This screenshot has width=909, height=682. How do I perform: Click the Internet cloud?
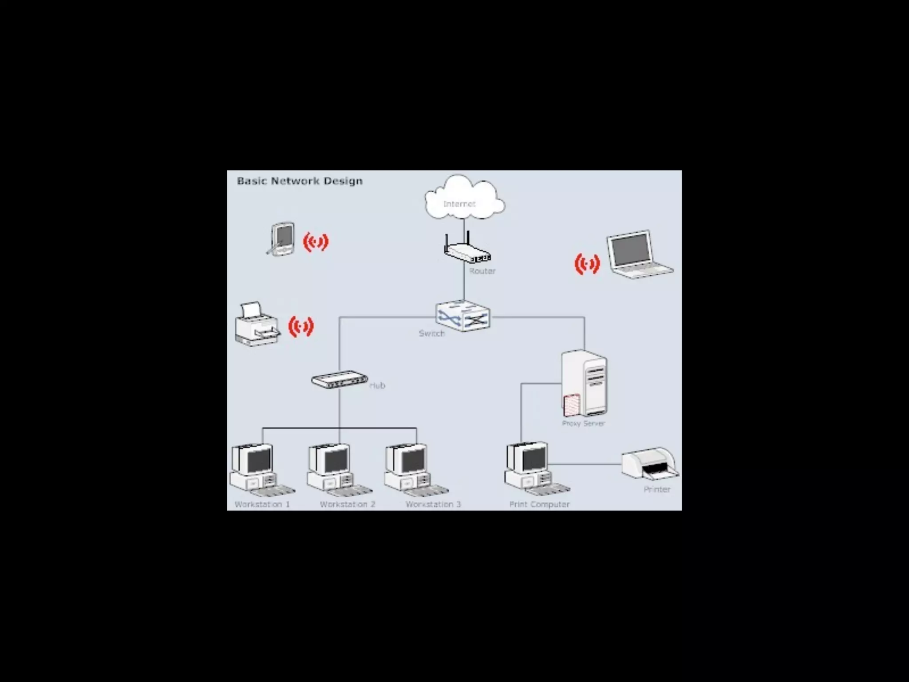(x=464, y=198)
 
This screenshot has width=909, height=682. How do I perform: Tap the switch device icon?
(x=463, y=316)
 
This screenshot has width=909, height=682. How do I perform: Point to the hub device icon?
(x=339, y=380)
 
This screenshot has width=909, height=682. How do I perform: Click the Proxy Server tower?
(x=584, y=383)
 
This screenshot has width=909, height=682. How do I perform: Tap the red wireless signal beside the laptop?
(x=587, y=264)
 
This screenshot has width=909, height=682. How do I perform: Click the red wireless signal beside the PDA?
(x=316, y=242)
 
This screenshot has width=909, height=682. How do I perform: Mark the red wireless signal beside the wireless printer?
(x=301, y=327)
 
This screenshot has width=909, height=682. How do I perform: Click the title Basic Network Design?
(x=300, y=181)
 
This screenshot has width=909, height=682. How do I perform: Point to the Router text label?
(x=482, y=271)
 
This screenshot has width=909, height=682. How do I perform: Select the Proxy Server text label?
(x=583, y=424)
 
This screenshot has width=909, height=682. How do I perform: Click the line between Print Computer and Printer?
(x=585, y=464)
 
